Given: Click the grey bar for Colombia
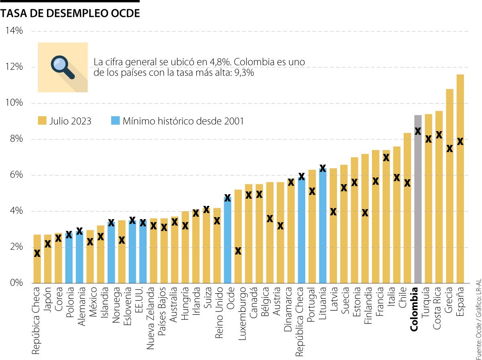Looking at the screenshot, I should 418,201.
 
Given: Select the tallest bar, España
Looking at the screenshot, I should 460,181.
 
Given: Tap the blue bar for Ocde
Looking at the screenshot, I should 228,241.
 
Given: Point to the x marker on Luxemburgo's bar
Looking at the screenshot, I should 238,251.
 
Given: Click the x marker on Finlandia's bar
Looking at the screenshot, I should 365,213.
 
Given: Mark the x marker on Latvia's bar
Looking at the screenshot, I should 333,212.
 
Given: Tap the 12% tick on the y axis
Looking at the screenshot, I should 14,67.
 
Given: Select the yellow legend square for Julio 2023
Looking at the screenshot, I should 42,121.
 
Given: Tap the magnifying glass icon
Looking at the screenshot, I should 63,67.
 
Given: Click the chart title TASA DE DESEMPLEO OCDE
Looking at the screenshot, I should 70,13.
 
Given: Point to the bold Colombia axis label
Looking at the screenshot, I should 415,309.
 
